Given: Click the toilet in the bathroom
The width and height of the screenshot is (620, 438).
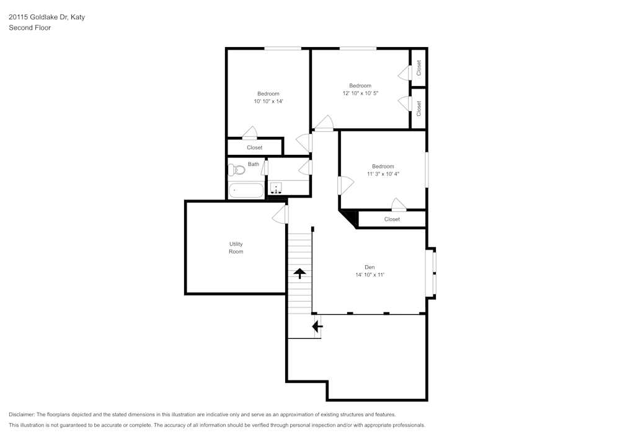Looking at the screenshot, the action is coord(236,170).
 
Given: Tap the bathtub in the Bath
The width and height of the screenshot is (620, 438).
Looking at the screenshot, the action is coord(246,190).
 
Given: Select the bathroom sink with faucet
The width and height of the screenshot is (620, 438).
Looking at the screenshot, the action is coord(276,188).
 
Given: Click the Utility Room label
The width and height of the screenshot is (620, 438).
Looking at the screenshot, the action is coord(236,248).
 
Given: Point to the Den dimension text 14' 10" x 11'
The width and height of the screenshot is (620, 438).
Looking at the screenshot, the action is coord(370,275).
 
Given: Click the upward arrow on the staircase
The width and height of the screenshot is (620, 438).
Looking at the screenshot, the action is coord(299,273).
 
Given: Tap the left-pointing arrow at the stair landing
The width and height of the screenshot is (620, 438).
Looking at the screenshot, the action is coord(317,326).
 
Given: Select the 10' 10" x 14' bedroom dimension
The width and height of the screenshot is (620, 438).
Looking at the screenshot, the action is coord(268,101).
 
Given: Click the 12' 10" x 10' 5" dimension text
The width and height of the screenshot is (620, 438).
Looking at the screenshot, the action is coord(360,93).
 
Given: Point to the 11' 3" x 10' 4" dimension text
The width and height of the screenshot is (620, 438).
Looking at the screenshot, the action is coord(383,174).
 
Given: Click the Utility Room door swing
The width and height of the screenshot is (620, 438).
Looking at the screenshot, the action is coord(280,214).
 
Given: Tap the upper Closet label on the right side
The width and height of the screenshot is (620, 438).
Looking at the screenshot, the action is coord(418,68).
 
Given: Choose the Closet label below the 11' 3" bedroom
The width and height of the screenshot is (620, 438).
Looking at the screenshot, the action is coord(392,219).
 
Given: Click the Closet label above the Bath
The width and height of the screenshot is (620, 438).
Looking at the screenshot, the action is coord(255,147).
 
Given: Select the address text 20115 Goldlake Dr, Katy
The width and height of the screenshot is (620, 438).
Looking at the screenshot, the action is coord(46,17).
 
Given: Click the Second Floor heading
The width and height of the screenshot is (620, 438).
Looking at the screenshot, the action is coord(30,28).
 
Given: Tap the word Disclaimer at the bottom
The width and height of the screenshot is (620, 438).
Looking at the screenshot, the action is coord(21,414).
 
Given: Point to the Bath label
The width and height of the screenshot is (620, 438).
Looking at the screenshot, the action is coord(254,164).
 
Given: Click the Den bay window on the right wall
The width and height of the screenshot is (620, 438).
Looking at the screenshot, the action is coord(431,273).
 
